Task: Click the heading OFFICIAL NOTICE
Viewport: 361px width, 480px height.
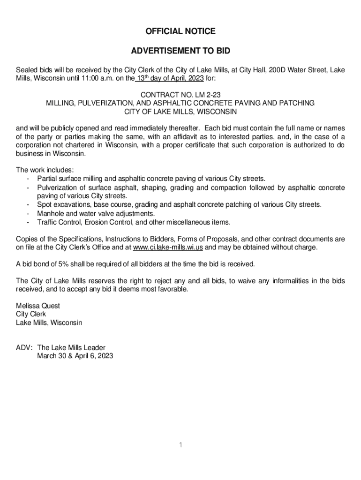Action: click(180, 31)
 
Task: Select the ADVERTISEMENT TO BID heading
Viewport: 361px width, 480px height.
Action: click(180, 51)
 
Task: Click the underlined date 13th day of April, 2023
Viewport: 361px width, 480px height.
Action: click(169, 78)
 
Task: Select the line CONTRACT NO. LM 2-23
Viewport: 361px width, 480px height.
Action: click(180, 95)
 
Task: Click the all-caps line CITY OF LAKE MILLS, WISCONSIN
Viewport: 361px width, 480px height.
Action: click(180, 112)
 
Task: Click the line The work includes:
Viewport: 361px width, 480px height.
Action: click(45, 170)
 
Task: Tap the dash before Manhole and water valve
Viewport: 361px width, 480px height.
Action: click(29, 213)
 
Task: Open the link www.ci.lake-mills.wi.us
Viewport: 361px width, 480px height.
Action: click(168, 247)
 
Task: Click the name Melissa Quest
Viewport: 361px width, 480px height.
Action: click(38, 306)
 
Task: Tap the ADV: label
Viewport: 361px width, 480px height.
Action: click(24, 347)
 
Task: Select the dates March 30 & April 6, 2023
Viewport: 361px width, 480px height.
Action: click(75, 356)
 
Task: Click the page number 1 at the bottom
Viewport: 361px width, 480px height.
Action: click(180, 444)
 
